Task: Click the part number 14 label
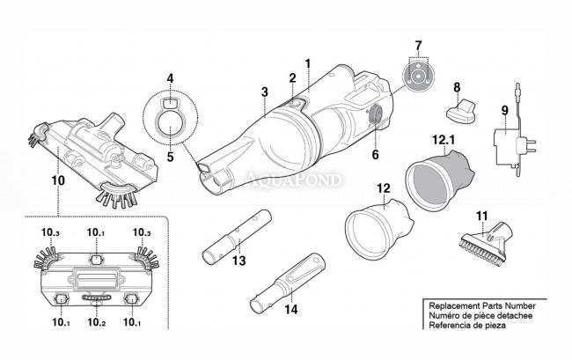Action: click(291, 310)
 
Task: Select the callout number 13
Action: click(239, 261)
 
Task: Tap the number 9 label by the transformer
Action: click(504, 111)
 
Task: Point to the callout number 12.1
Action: click(444, 140)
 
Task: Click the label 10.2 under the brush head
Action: click(97, 322)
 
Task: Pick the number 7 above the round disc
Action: click(418, 46)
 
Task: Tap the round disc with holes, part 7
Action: click(418, 77)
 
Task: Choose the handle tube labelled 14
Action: click(288, 283)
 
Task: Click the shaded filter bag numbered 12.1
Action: click(440, 181)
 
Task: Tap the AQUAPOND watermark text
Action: click(294, 180)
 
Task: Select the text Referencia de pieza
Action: click(467, 326)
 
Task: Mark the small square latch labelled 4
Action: click(169, 103)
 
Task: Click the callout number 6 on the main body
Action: click(376, 155)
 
